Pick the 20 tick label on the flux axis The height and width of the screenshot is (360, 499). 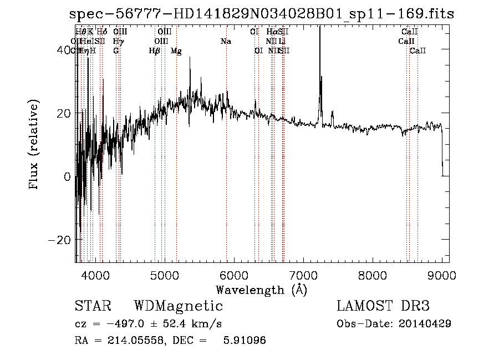click(62, 114)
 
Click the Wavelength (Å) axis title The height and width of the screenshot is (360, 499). click(261, 290)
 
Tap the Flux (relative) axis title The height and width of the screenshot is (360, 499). click(34, 145)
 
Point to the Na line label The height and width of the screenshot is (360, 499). click(226, 42)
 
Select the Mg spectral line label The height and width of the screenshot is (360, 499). click(176, 51)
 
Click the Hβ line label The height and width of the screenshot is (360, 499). click(155, 51)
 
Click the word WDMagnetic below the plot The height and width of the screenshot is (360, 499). click(179, 306)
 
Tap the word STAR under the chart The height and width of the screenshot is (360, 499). click(93, 306)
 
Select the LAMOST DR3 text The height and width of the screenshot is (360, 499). click(383, 306)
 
